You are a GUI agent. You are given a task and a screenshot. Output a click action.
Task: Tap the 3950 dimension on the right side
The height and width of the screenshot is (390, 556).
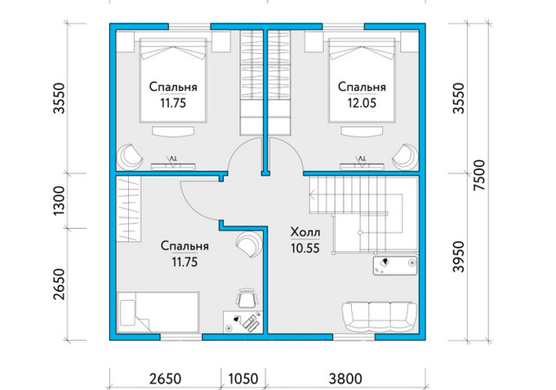[459, 257]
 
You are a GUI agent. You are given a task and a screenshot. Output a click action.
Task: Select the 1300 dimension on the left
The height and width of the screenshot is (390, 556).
[60, 200]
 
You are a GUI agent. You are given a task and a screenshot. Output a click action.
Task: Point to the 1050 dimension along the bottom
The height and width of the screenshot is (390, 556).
[243, 379]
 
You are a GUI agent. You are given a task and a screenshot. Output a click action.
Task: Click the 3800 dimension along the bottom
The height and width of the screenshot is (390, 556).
[345, 379]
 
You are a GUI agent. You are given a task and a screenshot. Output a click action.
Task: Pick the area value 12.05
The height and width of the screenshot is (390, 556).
[362, 103]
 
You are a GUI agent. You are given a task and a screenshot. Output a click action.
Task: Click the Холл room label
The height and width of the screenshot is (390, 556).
[305, 233]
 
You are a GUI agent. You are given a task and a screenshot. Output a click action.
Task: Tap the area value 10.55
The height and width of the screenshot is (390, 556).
[305, 249]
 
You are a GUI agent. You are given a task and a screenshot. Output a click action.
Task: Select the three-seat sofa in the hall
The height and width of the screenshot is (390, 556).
[379, 317]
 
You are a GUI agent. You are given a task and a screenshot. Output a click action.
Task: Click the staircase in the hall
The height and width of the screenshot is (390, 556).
[363, 213]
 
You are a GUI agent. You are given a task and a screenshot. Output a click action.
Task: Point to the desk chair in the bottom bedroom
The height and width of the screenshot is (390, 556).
[247, 298]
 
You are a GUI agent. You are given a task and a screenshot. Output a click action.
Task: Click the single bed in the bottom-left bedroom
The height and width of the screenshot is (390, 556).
[158, 312]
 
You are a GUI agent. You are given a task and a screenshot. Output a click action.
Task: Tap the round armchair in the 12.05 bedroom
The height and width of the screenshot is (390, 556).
[405, 157]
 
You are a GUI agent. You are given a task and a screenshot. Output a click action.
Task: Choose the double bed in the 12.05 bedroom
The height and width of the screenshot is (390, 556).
[362, 80]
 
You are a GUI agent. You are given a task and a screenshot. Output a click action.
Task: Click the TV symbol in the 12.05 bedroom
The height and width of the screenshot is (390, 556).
[362, 159]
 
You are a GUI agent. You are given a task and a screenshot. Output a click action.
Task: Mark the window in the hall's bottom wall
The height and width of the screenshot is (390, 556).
[354, 337]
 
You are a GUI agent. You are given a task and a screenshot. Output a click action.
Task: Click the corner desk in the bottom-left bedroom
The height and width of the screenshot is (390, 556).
[243, 322]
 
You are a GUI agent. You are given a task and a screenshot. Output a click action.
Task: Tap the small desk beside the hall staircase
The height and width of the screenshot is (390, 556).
[395, 266]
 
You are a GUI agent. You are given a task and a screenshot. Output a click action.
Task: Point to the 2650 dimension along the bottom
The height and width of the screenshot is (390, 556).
[165, 379]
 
